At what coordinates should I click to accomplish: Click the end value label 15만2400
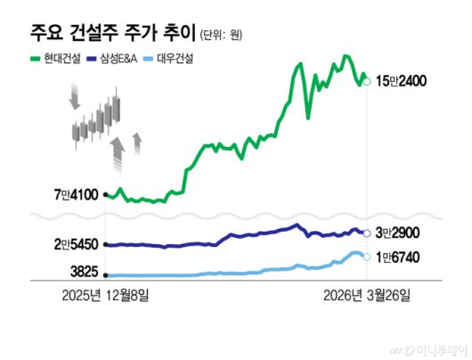pos(403,81)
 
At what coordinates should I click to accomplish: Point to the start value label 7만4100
pos(77,193)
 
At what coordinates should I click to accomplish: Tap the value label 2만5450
pos(77,244)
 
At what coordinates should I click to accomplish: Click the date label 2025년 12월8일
pos(106,295)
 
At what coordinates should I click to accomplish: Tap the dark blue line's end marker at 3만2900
pos(368,233)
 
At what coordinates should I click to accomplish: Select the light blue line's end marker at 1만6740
pos(368,258)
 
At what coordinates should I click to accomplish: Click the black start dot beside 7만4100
pos(106,193)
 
